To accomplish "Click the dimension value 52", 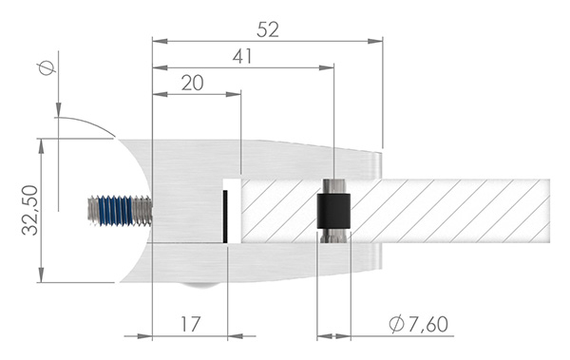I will pos(267,30).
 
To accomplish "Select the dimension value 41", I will pos(243,57).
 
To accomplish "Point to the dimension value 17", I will pos(190,324).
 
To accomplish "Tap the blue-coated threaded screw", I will pos(119,210).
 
